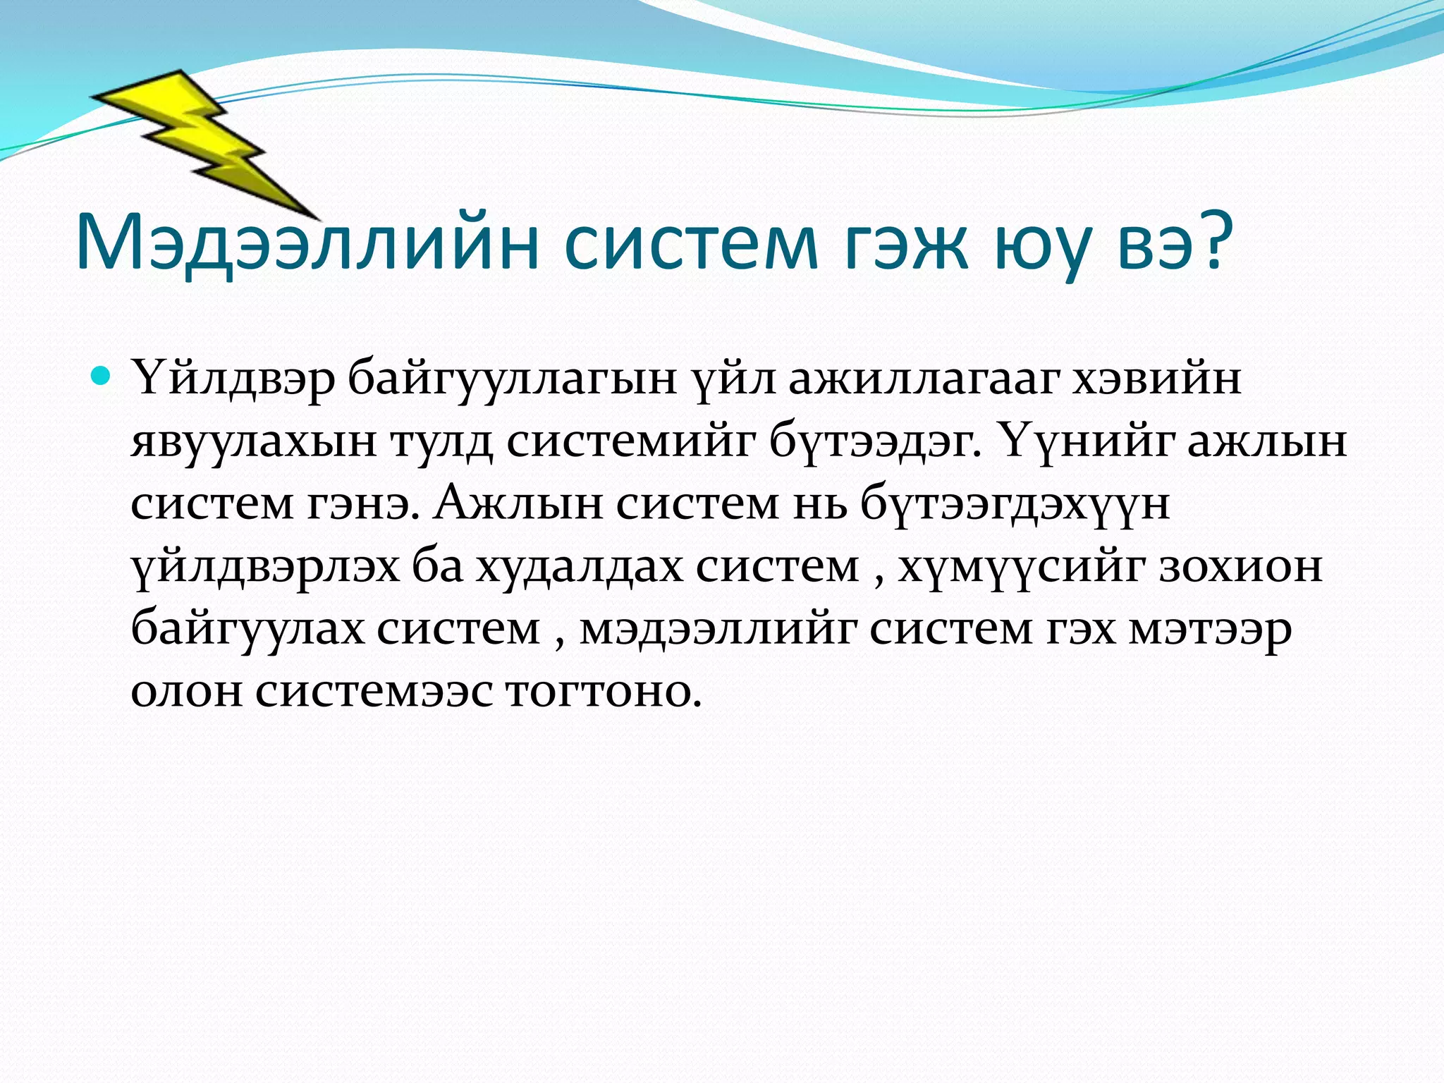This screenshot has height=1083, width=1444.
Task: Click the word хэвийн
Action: [x=1156, y=379]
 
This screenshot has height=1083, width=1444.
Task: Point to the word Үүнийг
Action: [x=1086, y=443]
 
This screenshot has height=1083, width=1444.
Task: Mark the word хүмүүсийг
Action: [x=1022, y=567]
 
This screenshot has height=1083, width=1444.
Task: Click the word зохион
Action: [x=1241, y=567]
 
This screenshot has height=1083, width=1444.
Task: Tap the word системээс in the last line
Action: [x=374, y=691]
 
